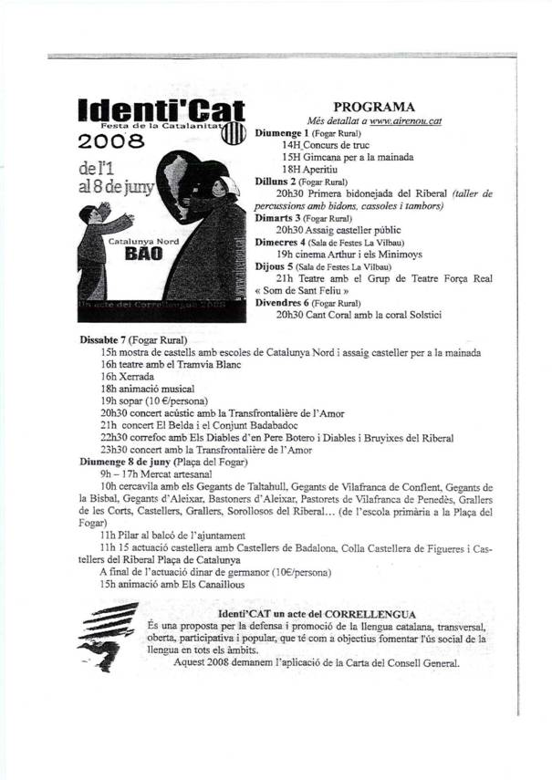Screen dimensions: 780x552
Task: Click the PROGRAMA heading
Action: point(374,107)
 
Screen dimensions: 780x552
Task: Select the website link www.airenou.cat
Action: point(405,120)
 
